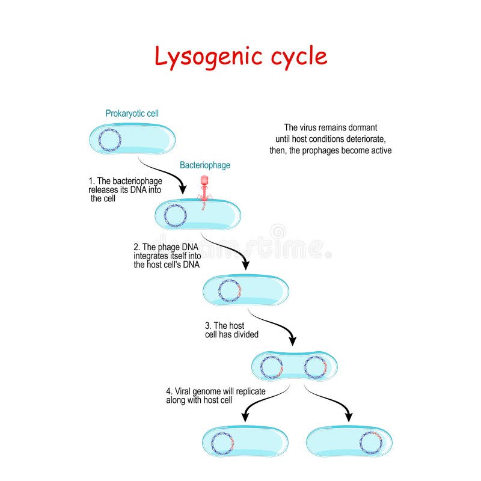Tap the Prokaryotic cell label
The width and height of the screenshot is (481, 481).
coord(132,113)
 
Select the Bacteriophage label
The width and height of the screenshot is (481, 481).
coord(205,165)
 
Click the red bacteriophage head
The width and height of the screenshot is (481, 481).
coord(204,179)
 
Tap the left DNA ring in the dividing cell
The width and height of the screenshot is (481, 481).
coord(271,366)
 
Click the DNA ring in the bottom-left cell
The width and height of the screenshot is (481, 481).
coord(223,443)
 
